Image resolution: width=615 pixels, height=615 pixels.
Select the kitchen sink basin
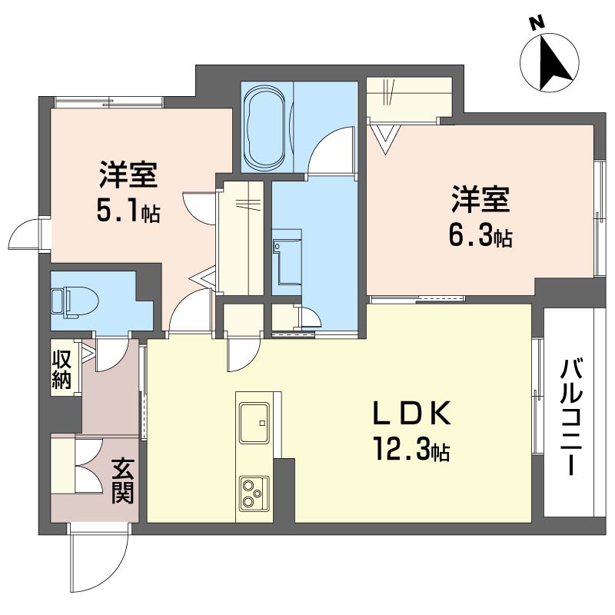tap(254, 424)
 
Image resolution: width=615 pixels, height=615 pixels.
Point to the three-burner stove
tap(253, 492)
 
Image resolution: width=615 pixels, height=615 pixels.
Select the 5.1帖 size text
tap(128, 211)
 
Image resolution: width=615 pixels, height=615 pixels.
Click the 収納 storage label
tap(62, 369)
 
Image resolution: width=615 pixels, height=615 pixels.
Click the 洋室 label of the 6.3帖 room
tap(480, 201)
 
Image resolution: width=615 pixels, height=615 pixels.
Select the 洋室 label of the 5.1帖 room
tap(128, 176)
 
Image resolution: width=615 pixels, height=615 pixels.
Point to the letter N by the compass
tap(538, 24)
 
